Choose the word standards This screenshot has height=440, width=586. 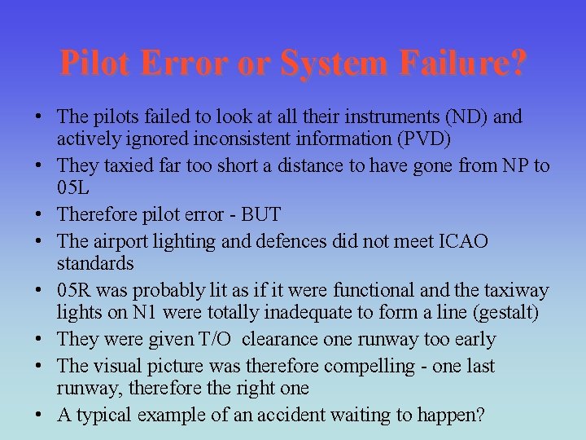[x=95, y=263]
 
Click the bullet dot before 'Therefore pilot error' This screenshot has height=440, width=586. [x=40, y=215]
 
